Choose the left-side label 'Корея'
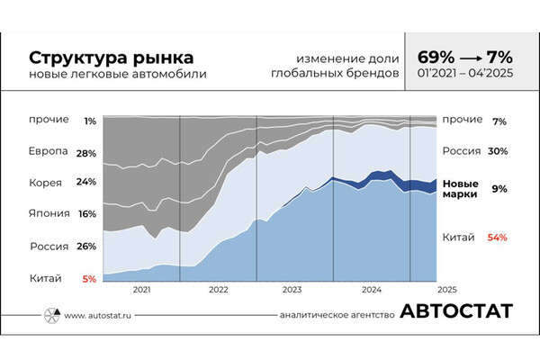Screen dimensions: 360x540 44,183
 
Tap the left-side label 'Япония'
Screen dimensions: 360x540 47,214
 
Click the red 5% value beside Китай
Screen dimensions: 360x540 88,278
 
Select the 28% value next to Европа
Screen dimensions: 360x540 86,153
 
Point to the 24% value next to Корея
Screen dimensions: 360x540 86,183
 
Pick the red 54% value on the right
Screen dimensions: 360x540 497,238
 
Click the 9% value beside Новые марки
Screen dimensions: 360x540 499,188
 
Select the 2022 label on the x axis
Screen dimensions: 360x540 218,290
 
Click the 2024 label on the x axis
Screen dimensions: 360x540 372,290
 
